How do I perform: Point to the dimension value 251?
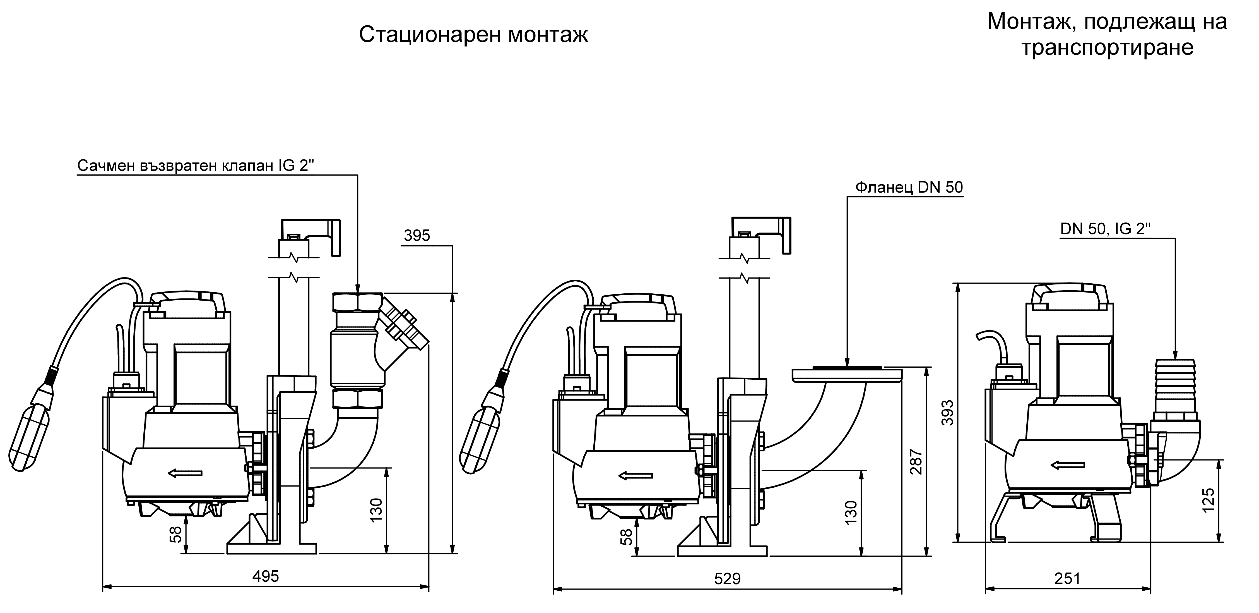(1067, 579)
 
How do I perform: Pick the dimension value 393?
(947, 412)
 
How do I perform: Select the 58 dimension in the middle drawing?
(627, 537)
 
